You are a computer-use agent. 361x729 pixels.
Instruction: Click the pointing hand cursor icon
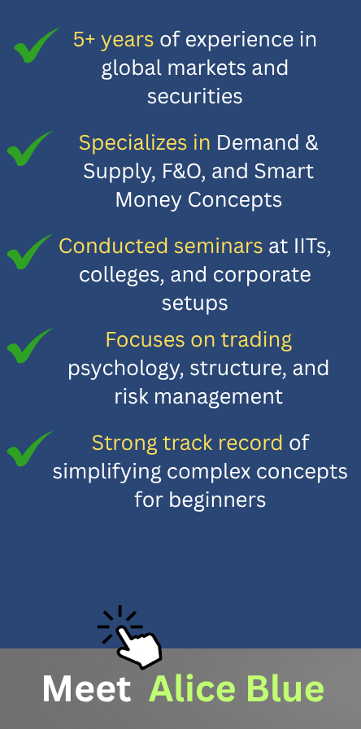[133, 640]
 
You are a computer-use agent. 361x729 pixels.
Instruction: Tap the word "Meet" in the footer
[86, 689]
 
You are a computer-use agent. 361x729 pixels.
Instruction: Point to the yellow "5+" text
[84, 40]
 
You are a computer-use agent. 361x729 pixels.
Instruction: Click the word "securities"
[194, 97]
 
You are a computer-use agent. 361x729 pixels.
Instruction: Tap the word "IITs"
[313, 247]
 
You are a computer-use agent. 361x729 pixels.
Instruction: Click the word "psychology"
[125, 369]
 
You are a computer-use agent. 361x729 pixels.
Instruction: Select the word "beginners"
[217, 500]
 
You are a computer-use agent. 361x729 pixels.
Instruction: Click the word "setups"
[194, 303]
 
